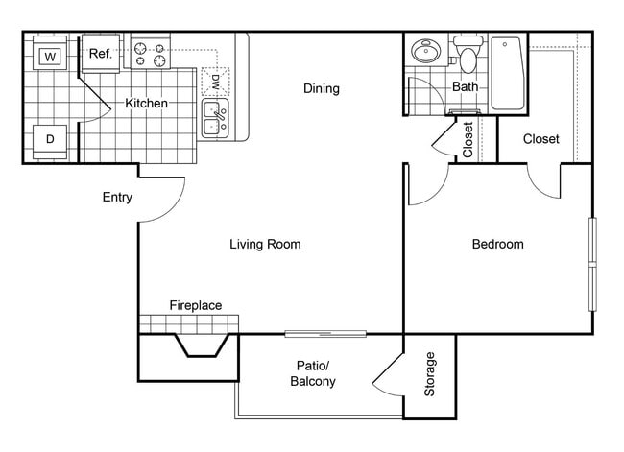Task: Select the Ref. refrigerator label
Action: point(101,55)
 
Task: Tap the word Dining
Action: point(322,89)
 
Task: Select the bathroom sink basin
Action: point(423,51)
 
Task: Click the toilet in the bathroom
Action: point(468,56)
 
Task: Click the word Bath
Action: point(465,87)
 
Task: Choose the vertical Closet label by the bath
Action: point(468,139)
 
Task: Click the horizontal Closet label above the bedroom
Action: point(540,139)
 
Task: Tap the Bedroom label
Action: point(497,245)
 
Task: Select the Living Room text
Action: point(265,245)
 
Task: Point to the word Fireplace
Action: point(196,306)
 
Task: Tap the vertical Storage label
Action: point(430,374)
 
